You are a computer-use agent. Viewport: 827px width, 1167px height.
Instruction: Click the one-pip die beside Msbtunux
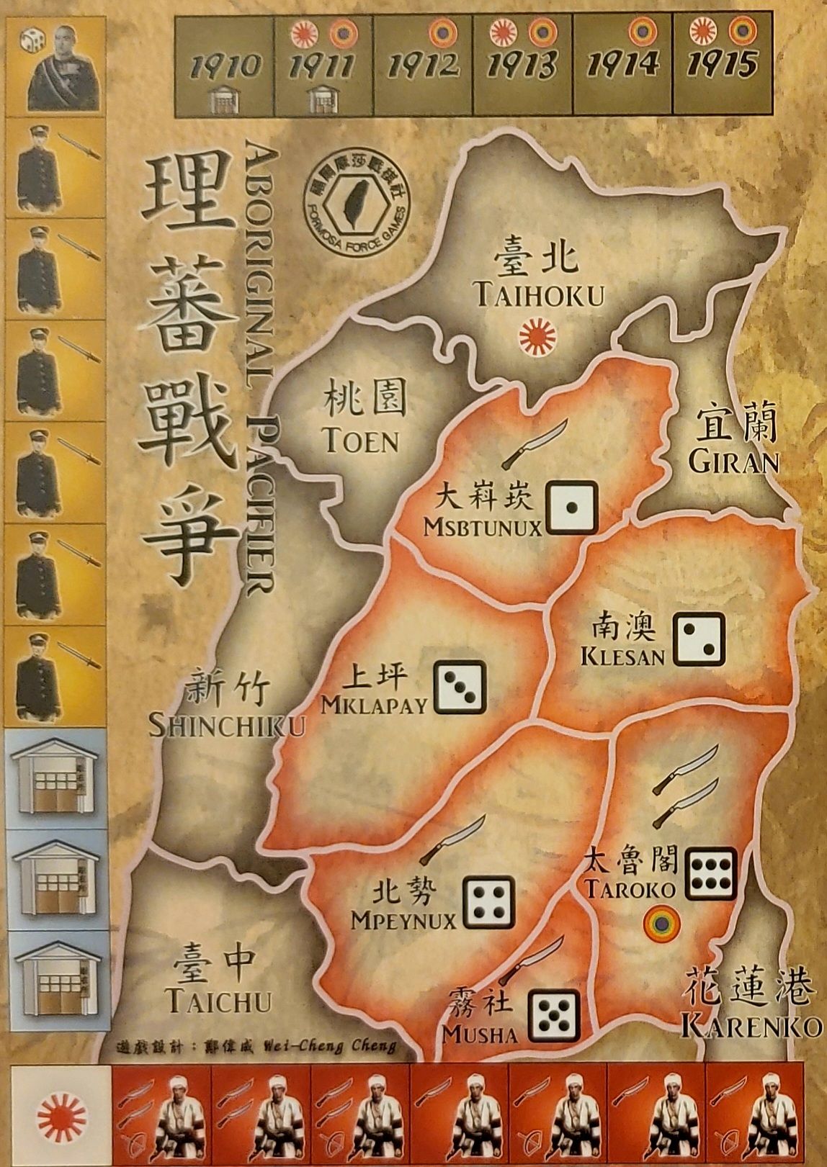[x=571, y=507]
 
